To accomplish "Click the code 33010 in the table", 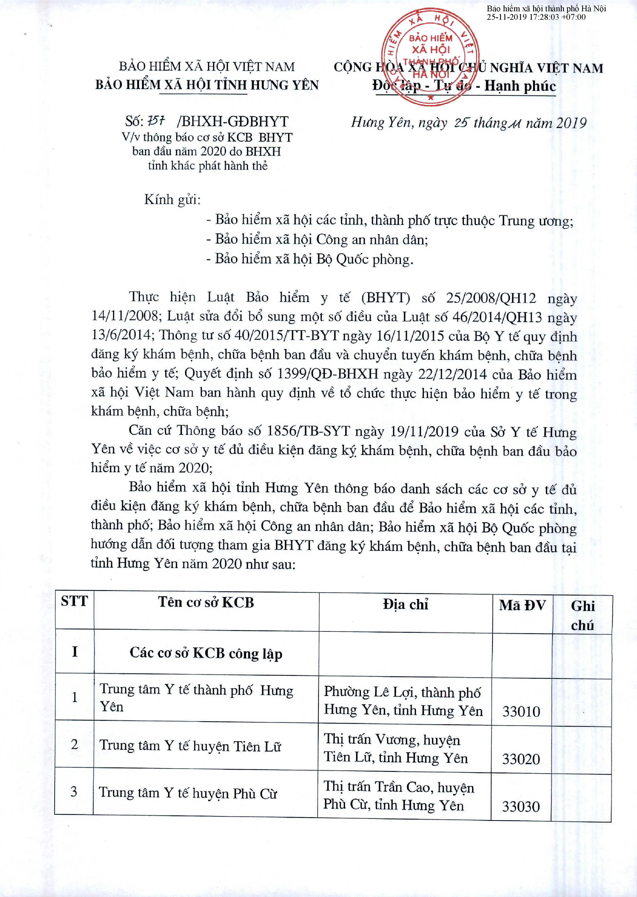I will tap(521, 711).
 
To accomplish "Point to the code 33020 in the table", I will tap(521, 759).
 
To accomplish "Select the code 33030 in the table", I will tap(521, 807).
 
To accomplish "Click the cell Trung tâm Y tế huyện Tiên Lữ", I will tap(190, 746).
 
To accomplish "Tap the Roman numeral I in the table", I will tap(74, 652).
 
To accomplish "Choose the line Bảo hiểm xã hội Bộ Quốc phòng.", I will tap(314, 259).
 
